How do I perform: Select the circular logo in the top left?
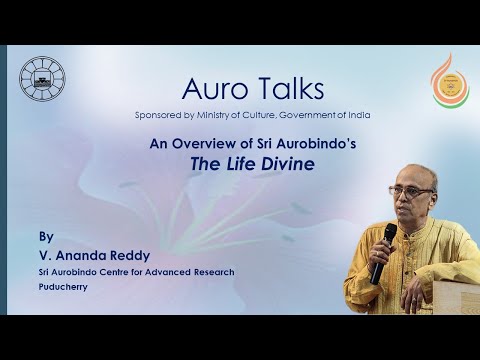coord(41,78)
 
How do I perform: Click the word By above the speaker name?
coord(45,239)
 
